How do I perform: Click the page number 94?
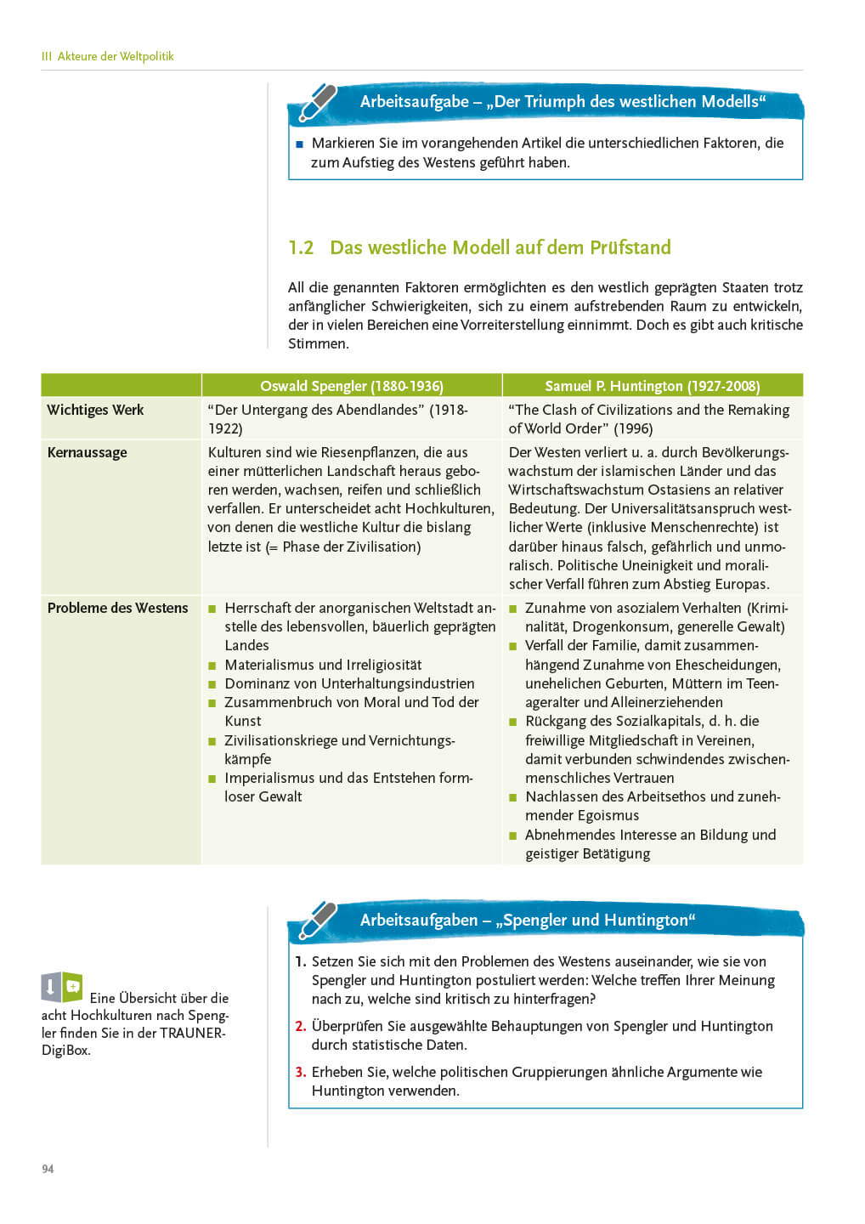[48, 1169]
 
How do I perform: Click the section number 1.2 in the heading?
[301, 247]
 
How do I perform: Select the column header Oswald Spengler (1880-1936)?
[352, 386]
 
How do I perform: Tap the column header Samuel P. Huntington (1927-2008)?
[652, 386]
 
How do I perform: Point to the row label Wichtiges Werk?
[95, 410]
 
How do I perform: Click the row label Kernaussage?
[87, 452]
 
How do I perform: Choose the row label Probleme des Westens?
[117, 608]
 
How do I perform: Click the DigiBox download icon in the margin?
[62, 987]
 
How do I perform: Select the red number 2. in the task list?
[301, 1026]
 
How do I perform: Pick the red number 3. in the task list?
[301, 1072]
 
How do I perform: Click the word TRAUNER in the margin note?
[192, 1033]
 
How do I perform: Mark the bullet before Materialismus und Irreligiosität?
[212, 666]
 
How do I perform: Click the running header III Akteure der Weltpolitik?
[107, 56]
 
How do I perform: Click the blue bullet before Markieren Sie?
[299, 144]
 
